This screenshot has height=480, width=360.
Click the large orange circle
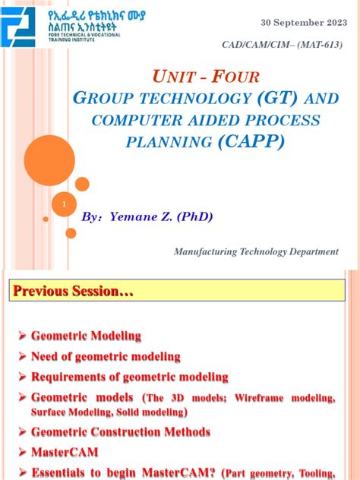click(x=49, y=160)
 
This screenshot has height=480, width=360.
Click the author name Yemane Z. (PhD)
click(x=161, y=216)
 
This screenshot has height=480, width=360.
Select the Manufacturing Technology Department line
click(x=256, y=251)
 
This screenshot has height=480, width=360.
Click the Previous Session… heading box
click(x=71, y=291)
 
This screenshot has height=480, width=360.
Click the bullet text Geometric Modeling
click(x=86, y=336)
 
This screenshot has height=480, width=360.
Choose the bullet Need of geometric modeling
click(x=106, y=356)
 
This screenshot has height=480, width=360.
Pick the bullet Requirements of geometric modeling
click(x=129, y=377)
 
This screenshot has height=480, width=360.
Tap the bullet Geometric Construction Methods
click(x=120, y=431)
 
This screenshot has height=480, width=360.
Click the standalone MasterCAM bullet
click(x=64, y=452)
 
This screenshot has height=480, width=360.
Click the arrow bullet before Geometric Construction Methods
click(x=23, y=431)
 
